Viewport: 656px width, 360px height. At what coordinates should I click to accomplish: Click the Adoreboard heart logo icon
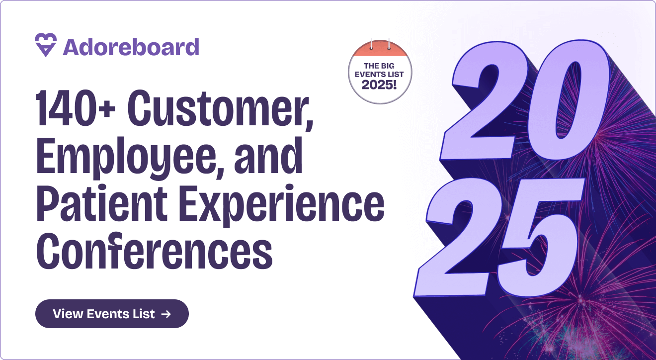tap(46, 45)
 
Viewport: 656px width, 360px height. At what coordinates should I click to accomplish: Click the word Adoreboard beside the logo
tap(131, 47)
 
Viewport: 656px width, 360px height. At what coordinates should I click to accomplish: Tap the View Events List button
tap(112, 314)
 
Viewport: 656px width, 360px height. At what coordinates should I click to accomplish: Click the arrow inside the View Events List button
tap(166, 314)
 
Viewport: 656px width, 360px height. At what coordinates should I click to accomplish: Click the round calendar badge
tap(380, 72)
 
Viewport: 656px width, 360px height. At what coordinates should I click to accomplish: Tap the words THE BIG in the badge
tap(380, 66)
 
